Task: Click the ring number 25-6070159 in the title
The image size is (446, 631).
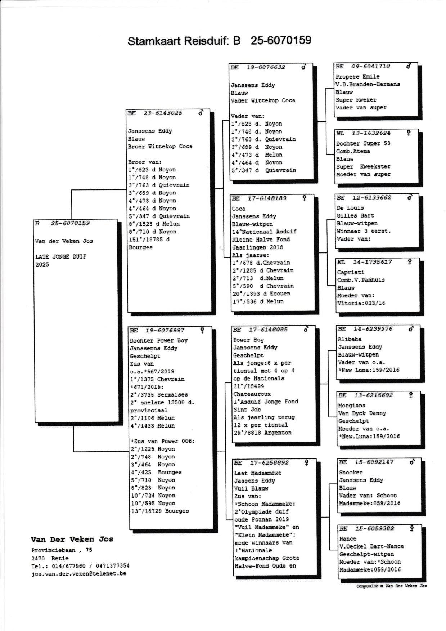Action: tap(281, 40)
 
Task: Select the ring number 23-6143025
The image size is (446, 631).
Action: tap(163, 113)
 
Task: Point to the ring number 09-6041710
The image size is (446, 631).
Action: tap(371, 66)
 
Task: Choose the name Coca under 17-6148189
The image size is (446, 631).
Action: tap(239, 209)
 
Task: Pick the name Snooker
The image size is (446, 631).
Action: tap(351, 472)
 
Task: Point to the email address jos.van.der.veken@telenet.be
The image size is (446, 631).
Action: tap(79, 574)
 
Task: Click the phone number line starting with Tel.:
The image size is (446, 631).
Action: tap(80, 566)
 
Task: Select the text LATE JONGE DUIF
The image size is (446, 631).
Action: tap(61, 257)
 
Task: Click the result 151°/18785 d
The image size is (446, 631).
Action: tap(149, 240)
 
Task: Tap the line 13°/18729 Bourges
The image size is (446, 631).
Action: tap(159, 511)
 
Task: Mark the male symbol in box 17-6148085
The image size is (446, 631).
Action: tap(306, 329)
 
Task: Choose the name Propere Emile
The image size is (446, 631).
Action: tap(357, 76)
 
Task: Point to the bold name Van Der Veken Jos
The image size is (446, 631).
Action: tap(72, 540)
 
